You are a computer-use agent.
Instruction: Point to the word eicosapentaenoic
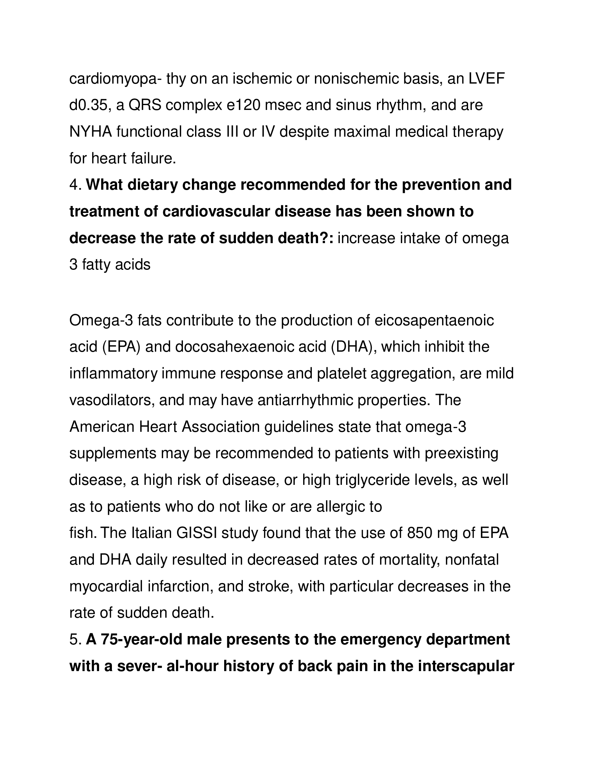434,321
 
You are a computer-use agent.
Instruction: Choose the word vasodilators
112,400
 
